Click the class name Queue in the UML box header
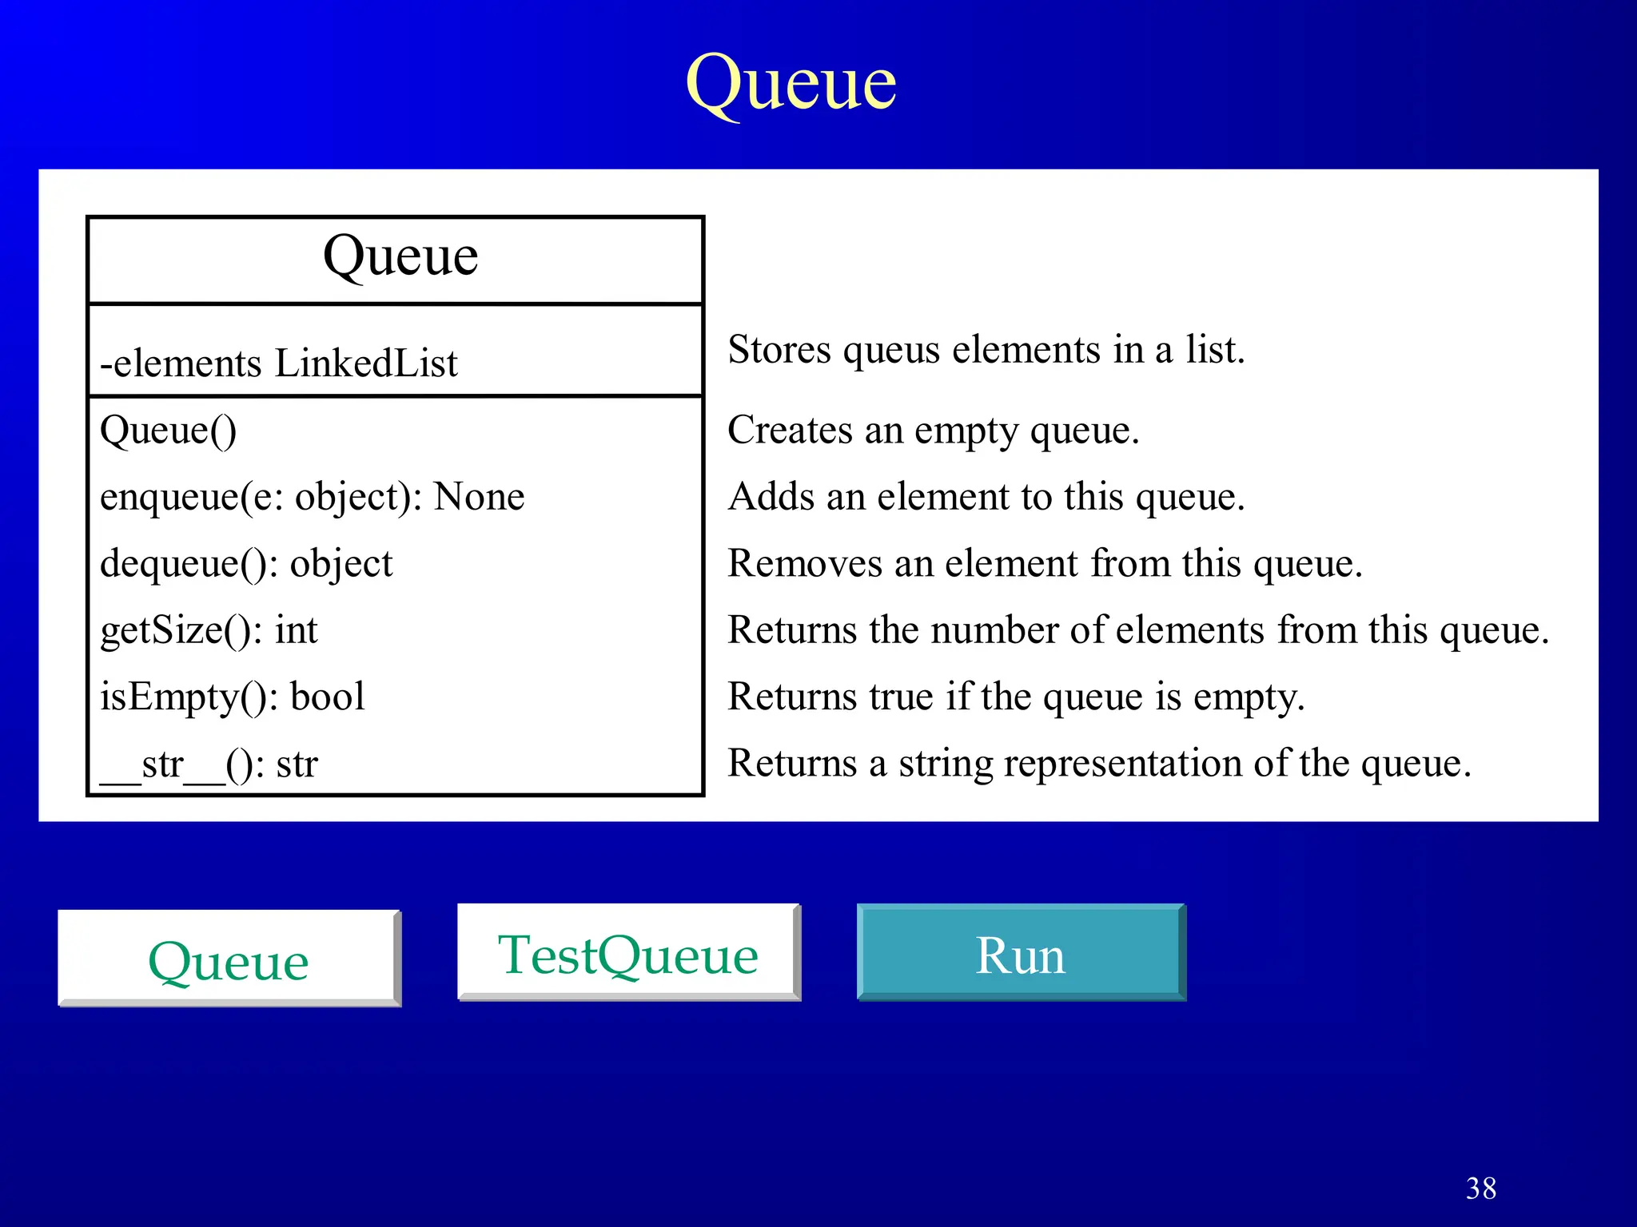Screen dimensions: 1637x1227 click(x=400, y=256)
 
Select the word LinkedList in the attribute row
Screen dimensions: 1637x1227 click(x=366, y=363)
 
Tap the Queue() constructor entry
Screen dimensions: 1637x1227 click(x=168, y=431)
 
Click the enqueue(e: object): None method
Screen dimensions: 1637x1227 click(x=312, y=497)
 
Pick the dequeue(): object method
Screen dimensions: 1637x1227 click(x=246, y=564)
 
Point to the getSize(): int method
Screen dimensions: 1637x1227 click(x=209, y=630)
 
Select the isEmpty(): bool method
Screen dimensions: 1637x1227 click(x=232, y=697)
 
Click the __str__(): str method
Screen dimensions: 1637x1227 click(x=209, y=764)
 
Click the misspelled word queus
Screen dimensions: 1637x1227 click(x=890, y=351)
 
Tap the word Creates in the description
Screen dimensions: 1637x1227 click(x=789, y=431)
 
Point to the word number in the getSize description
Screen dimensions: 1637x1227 click(x=994, y=630)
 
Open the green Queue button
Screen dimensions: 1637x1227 click(x=229, y=959)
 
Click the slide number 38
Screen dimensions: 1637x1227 click(x=1480, y=1189)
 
